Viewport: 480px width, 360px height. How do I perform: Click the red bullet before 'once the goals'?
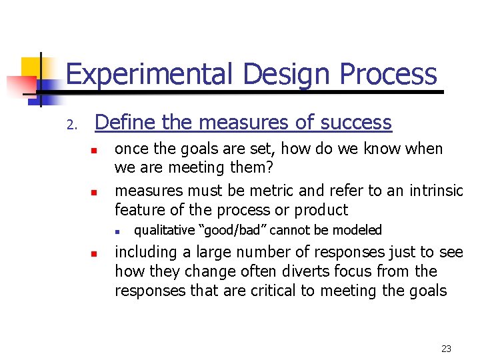point(95,150)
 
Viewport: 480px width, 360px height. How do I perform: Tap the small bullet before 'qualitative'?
point(115,232)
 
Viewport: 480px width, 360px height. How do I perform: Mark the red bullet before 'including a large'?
point(95,254)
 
